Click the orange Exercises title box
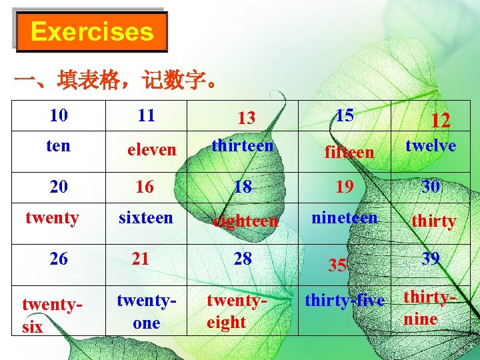(91, 32)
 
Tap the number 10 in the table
(59, 115)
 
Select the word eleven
(152, 150)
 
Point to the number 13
(247, 118)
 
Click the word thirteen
(243, 145)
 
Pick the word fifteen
(349, 152)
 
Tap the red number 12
(440, 120)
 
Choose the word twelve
(431, 145)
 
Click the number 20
(59, 187)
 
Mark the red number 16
(145, 187)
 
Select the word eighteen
(245, 221)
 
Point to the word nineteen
(345, 217)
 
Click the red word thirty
(434, 221)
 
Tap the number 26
(59, 259)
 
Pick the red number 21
(141, 257)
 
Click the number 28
(243, 258)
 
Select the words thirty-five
(345, 301)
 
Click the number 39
(431, 258)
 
